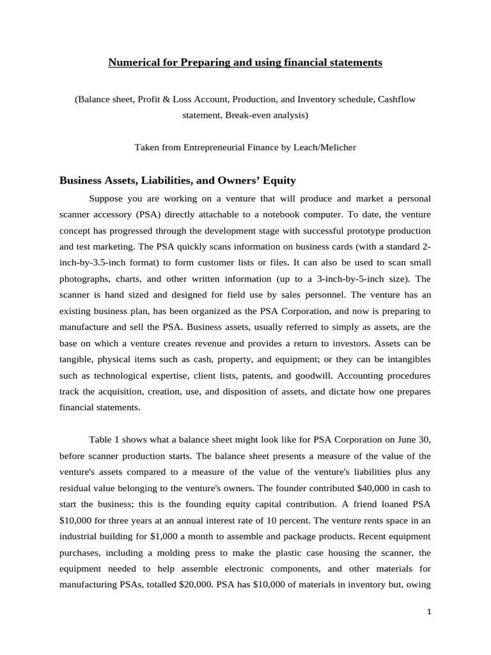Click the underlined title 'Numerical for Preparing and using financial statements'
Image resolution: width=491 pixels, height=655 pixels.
coord(245,63)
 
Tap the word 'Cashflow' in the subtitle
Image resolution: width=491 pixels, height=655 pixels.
coord(397,99)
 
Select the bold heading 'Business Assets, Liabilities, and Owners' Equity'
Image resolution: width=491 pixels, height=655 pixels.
coord(178,180)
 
